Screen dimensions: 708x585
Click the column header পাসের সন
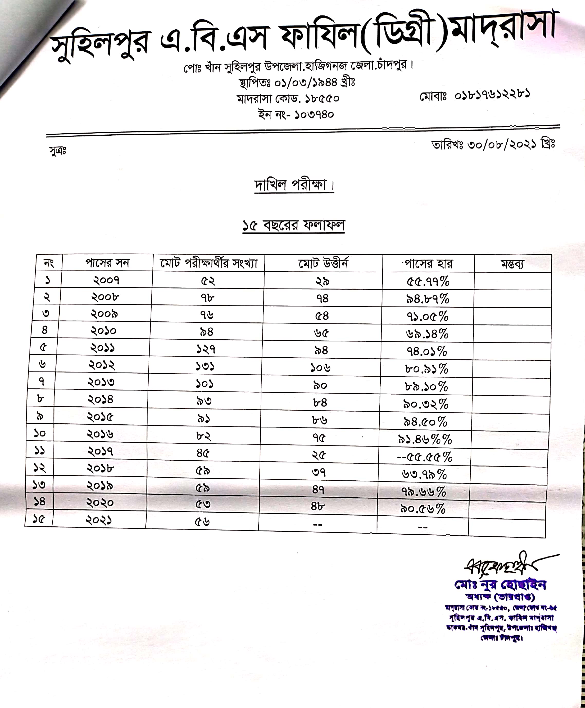tap(107, 263)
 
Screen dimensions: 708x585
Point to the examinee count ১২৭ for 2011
tap(206, 350)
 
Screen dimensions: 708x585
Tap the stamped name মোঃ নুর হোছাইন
tap(500, 585)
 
